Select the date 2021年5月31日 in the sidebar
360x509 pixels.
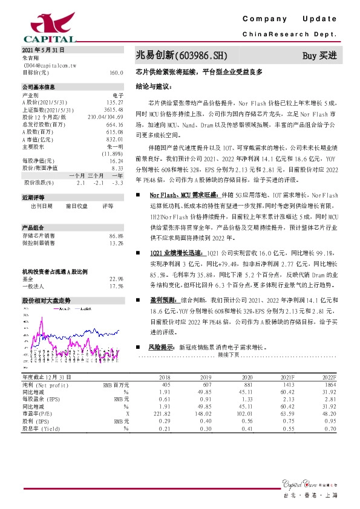pyautogui.click(x=42, y=51)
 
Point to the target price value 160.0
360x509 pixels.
pyautogui.click(x=116, y=72)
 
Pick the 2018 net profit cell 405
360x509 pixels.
pyautogui.click(x=166, y=384)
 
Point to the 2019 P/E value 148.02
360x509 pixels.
pyautogui.click(x=203, y=413)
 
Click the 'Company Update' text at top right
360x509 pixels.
pyautogui.click(x=293, y=20)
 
